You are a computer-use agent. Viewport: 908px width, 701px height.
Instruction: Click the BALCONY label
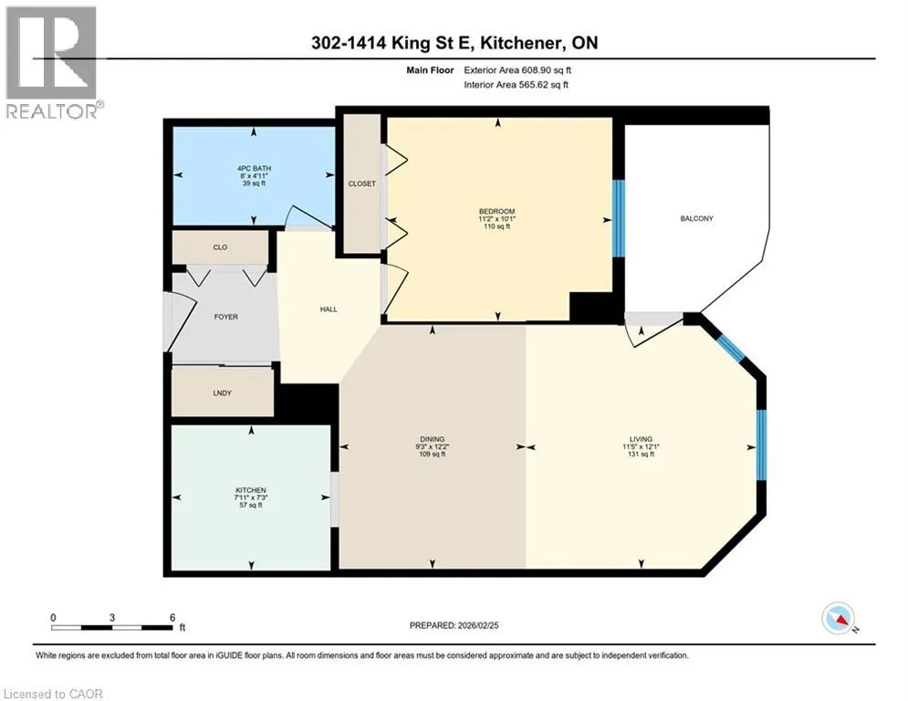[696, 218]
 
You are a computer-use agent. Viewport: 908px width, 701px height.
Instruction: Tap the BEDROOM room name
[496, 212]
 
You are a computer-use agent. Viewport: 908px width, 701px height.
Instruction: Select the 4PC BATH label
[254, 169]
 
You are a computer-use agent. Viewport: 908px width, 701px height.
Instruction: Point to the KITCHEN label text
[251, 490]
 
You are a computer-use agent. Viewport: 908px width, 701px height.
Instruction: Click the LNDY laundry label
[223, 392]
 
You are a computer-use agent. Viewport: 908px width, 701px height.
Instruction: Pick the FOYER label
[225, 317]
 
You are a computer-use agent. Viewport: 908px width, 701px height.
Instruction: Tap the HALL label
[329, 309]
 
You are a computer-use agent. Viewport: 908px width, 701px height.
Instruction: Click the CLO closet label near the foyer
[220, 247]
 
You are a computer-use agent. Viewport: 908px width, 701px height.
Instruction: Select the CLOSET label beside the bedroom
[362, 183]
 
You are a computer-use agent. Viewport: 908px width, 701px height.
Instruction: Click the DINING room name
[433, 439]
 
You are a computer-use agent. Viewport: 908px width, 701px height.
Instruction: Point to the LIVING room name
[641, 439]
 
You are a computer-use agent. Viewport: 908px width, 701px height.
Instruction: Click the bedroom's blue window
[619, 218]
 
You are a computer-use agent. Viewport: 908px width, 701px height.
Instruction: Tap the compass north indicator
[839, 619]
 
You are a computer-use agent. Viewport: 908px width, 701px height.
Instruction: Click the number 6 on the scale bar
[172, 618]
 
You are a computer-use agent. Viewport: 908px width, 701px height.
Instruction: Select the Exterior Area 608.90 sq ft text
[517, 70]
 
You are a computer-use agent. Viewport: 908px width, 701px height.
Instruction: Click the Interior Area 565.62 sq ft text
[516, 85]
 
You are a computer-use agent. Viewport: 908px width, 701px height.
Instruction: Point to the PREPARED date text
[454, 625]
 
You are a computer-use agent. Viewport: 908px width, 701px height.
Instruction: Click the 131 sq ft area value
[641, 455]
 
